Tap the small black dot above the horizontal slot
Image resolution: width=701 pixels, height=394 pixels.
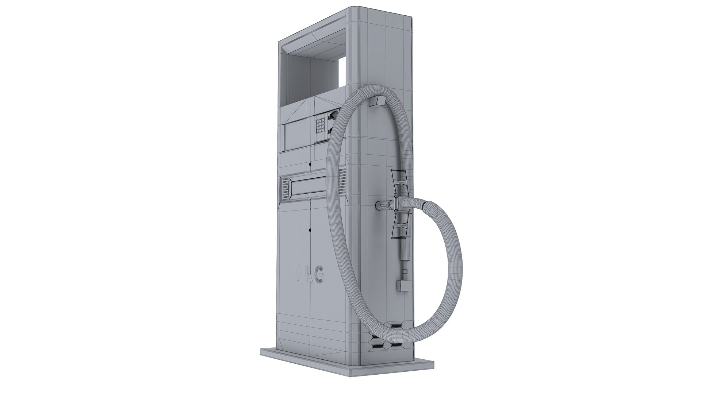[x=310, y=165]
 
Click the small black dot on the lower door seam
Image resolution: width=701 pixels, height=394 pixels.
[x=310, y=230]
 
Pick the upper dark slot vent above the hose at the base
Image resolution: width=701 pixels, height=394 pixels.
[x=395, y=314]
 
